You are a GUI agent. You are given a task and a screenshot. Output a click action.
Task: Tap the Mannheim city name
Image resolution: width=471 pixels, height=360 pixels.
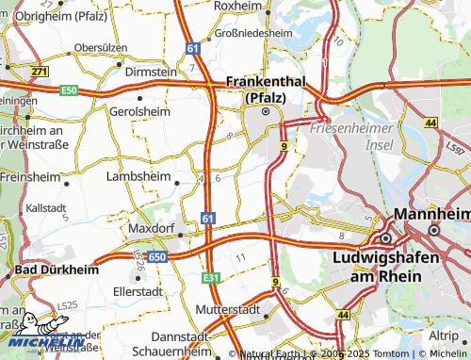point(433,215)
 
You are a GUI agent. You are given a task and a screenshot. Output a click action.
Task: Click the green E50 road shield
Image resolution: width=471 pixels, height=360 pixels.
point(68,90)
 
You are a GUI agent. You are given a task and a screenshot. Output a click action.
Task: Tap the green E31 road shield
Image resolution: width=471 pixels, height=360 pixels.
point(210,278)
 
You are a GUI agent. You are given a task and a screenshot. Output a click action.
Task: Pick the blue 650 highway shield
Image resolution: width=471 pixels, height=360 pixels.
point(156,255)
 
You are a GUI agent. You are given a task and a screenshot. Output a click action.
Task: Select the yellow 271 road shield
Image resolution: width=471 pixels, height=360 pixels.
point(39,71)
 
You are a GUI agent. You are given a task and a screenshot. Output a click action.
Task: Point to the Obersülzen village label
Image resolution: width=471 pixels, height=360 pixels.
point(101,46)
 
